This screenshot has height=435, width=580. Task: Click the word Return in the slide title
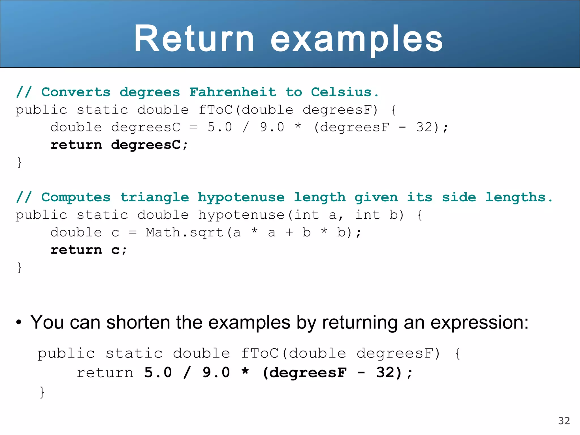(x=194, y=39)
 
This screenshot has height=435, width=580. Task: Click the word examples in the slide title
(x=357, y=39)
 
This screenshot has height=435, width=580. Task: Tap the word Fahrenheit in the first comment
(x=233, y=92)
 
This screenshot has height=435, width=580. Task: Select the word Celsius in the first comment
(x=341, y=92)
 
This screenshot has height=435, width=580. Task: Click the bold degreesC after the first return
(x=146, y=145)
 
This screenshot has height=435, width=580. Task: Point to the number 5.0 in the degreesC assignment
(x=219, y=127)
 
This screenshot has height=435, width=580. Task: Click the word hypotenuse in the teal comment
(x=241, y=197)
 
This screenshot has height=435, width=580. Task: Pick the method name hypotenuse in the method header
(x=241, y=215)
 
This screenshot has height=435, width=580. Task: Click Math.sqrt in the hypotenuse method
(x=185, y=233)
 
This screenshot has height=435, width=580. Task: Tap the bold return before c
(x=76, y=250)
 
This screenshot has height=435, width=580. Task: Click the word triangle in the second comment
(x=155, y=197)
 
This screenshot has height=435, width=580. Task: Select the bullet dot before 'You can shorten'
(x=19, y=323)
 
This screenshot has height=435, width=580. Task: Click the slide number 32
(x=564, y=421)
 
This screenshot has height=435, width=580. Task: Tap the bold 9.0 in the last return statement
(x=216, y=372)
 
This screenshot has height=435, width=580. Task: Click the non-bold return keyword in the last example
(x=105, y=372)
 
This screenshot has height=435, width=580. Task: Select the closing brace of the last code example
(x=42, y=392)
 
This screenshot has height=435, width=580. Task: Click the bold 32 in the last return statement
(x=385, y=372)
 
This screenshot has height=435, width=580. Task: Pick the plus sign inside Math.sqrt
(x=289, y=233)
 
